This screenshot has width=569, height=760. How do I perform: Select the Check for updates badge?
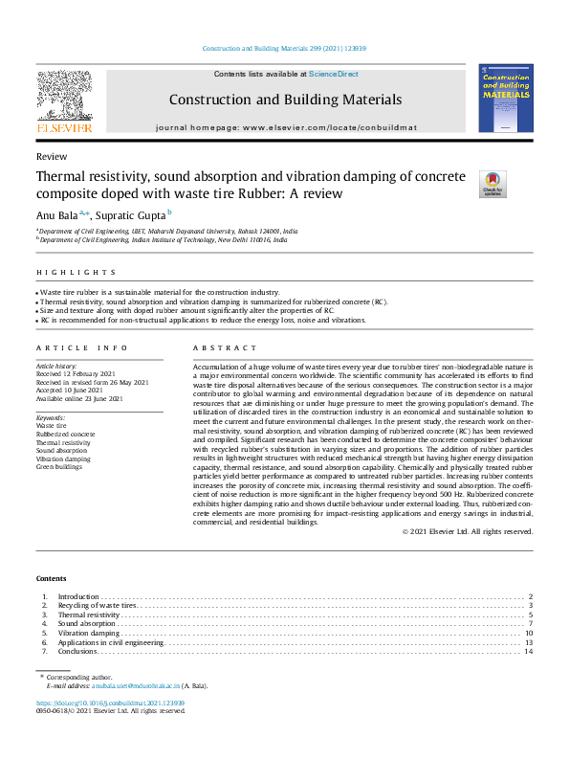[492, 184]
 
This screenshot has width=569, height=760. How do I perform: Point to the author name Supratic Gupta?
[132, 214]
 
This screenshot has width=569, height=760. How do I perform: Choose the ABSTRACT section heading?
[218, 348]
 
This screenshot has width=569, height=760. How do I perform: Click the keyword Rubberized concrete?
[67, 434]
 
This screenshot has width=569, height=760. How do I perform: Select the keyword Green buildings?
[60, 467]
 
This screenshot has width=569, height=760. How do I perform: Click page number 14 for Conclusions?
[528, 651]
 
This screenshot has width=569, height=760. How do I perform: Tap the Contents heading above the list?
[52, 579]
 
